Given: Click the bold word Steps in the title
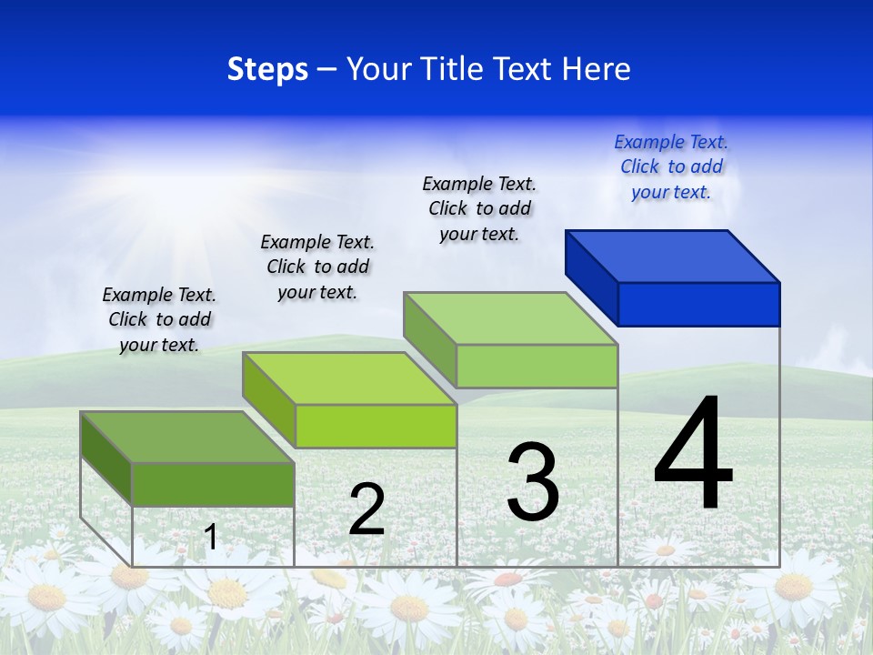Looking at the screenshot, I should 266,69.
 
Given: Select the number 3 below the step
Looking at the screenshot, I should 533,482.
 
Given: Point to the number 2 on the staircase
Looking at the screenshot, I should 367,509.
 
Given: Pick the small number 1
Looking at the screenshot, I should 211,537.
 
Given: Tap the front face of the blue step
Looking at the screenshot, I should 698,304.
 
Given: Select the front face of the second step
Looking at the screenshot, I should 376,426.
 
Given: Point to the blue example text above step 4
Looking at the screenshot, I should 671,166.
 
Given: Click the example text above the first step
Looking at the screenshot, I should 159,319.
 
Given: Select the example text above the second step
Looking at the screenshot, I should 317,267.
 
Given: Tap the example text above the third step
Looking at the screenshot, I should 479,208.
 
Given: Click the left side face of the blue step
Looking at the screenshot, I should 591,273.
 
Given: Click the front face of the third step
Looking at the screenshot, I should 537,366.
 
